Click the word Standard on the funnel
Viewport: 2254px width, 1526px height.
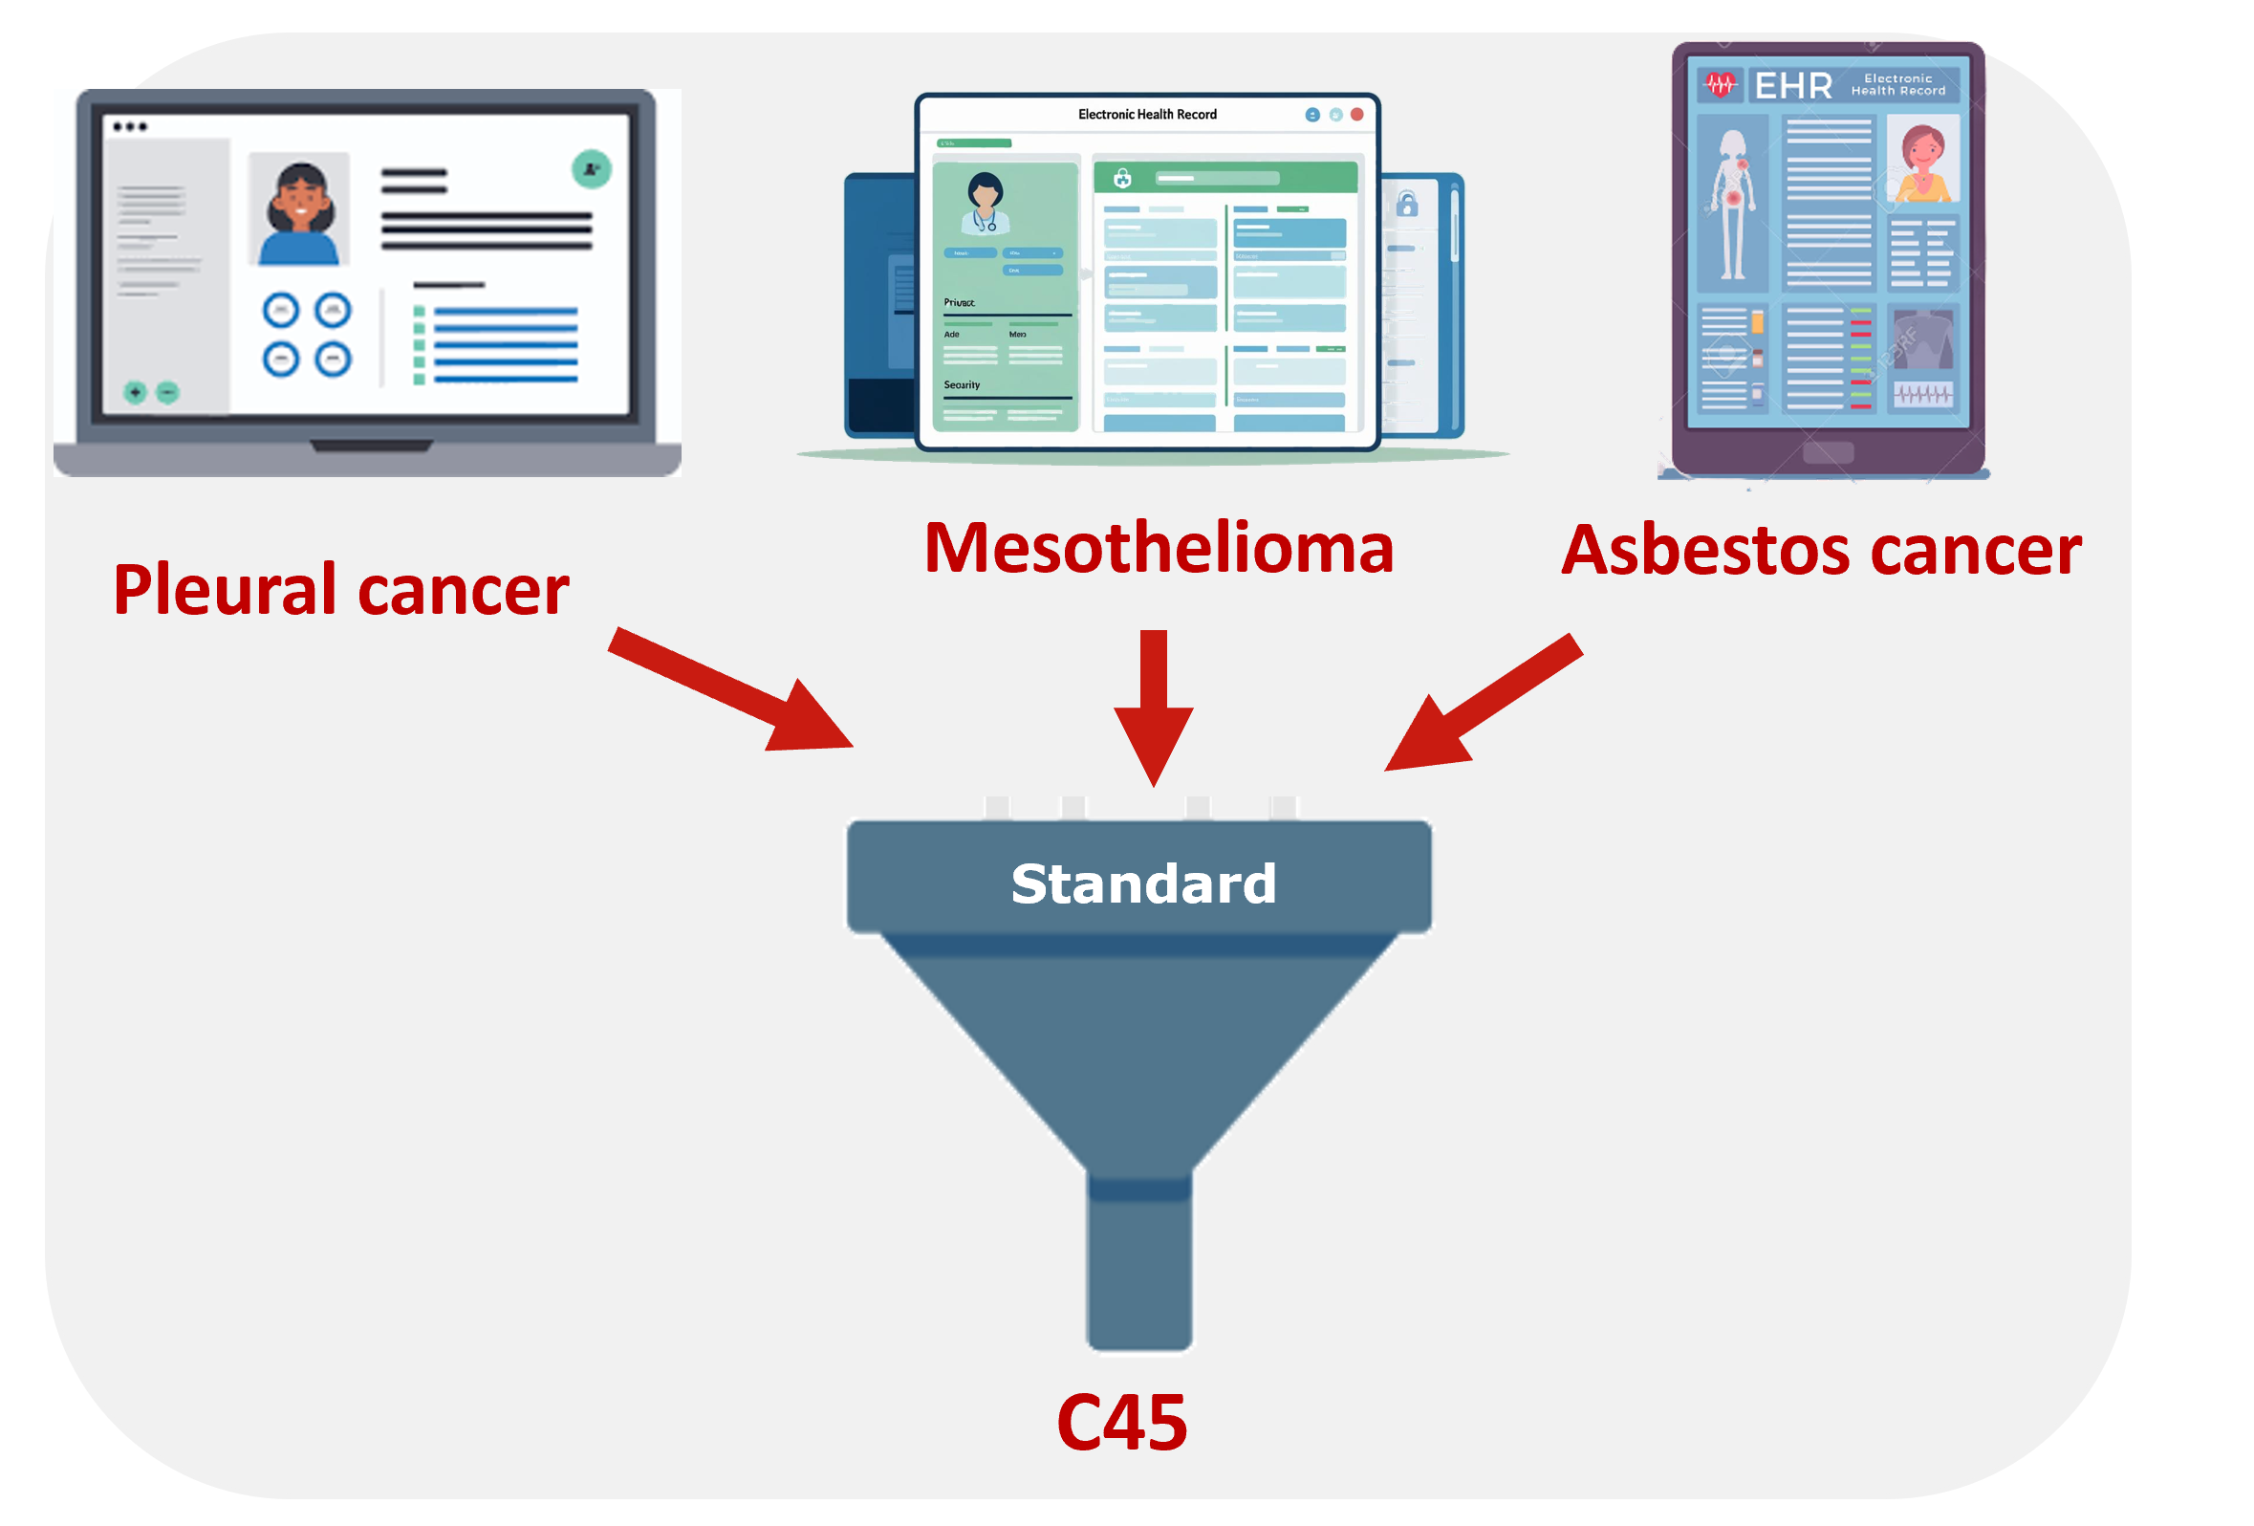point(1142,883)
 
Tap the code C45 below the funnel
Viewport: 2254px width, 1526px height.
point(1121,1422)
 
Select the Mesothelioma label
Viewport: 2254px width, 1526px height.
point(1159,548)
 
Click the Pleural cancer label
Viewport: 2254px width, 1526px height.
point(340,590)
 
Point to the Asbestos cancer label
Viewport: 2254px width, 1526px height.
point(1820,550)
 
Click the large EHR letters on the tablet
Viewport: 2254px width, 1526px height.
point(1793,86)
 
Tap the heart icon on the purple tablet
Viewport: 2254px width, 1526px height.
point(1721,85)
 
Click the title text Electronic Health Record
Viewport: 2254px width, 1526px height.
point(1147,115)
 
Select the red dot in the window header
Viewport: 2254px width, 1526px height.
point(1356,115)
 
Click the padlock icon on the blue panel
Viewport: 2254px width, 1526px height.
point(1407,205)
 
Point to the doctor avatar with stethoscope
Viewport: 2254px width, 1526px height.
point(986,203)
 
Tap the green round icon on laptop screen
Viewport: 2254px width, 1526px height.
point(591,170)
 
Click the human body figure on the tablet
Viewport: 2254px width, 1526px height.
point(1731,205)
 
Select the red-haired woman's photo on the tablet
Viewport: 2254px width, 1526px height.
point(1922,160)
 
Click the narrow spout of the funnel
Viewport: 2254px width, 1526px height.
point(1139,1261)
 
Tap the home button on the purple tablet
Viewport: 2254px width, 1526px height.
point(1828,453)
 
